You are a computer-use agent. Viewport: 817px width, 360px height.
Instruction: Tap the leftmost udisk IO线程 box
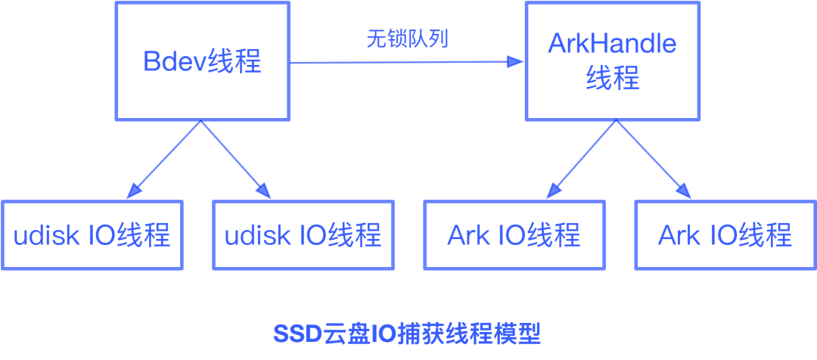pos(92,234)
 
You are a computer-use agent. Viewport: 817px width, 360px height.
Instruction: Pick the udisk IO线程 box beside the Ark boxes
pos(303,234)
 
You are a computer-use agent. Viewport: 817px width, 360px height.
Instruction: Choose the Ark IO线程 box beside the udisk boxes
pos(514,234)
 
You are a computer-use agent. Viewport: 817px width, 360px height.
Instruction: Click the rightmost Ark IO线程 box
pos(725,234)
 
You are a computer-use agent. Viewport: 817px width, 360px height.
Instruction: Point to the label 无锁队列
pos(407,39)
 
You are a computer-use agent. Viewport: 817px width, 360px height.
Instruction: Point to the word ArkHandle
pos(612,44)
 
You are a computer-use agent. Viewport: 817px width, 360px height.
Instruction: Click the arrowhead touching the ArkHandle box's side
pos(517,62)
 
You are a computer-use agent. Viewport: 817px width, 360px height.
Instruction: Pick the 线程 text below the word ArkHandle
pos(612,79)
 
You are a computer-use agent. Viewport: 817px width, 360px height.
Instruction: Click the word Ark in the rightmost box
pos(679,235)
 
